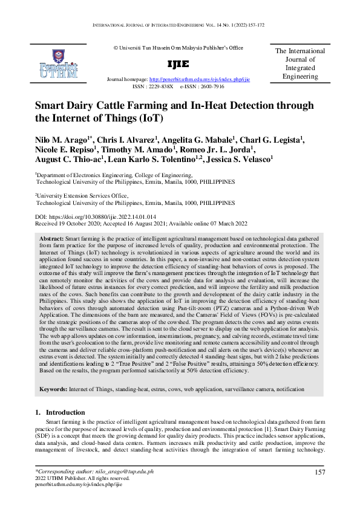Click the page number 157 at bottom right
coord(321,472)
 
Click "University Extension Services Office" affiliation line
coord(82,196)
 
